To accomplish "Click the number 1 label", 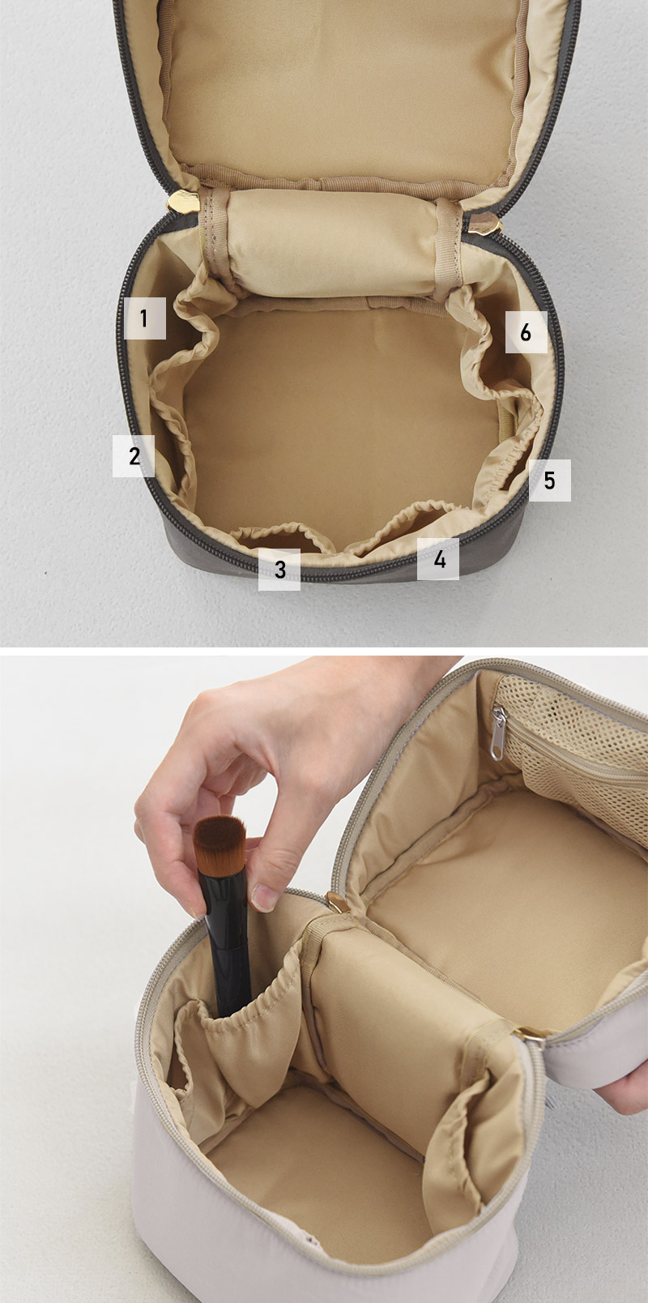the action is click(145, 318).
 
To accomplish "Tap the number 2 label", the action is click(134, 456).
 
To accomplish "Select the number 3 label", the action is click(279, 570).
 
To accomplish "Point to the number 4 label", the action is click(438, 559).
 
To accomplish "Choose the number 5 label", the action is click(550, 481).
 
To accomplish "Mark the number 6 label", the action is click(526, 332).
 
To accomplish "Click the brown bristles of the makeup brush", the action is click(220, 843).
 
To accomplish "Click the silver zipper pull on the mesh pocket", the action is click(497, 733).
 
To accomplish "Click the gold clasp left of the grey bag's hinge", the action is click(183, 201).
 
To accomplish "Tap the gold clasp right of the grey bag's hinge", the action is click(484, 223).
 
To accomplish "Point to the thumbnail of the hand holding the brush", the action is click(265, 896).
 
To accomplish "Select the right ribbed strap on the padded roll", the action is click(449, 247).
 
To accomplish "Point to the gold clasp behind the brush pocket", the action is click(336, 902).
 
